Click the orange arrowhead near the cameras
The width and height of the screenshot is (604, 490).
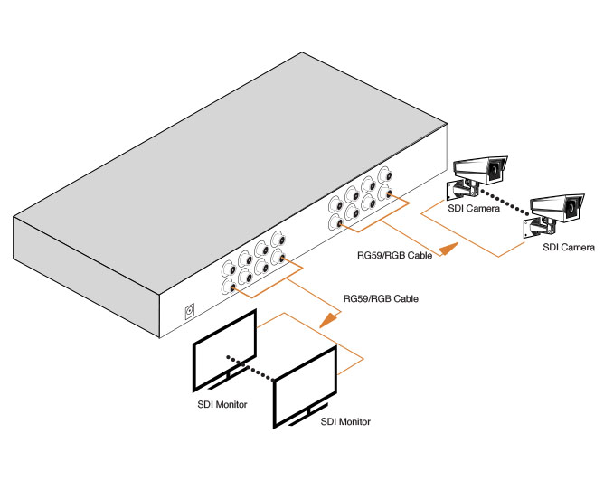click(x=448, y=250)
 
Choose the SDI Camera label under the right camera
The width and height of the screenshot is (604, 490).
click(x=568, y=247)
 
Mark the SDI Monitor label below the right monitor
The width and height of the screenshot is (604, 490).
click(x=345, y=421)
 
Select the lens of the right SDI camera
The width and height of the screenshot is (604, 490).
click(x=573, y=210)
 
